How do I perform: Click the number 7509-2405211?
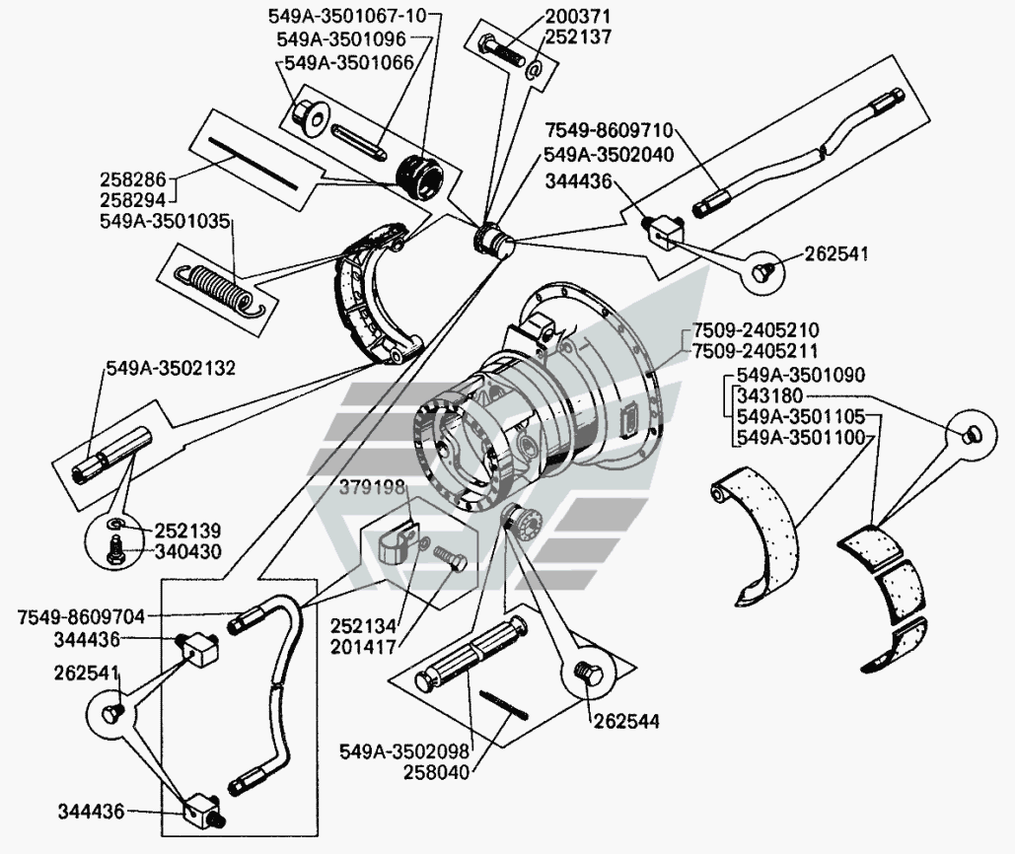pyautogui.click(x=755, y=352)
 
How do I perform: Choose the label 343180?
pyautogui.click(x=764, y=397)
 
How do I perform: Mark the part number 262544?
pyautogui.click(x=627, y=721)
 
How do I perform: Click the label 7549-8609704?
pyautogui.click(x=81, y=617)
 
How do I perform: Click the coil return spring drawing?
pyautogui.click(x=216, y=286)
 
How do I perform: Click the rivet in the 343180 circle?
pyautogui.click(x=973, y=432)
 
